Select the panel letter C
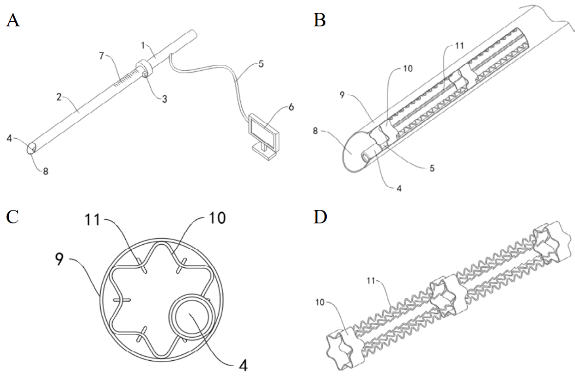point(12,216)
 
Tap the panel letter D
point(320,216)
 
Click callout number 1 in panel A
point(143,46)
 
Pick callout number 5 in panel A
point(261,64)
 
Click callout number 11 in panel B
point(459,46)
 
